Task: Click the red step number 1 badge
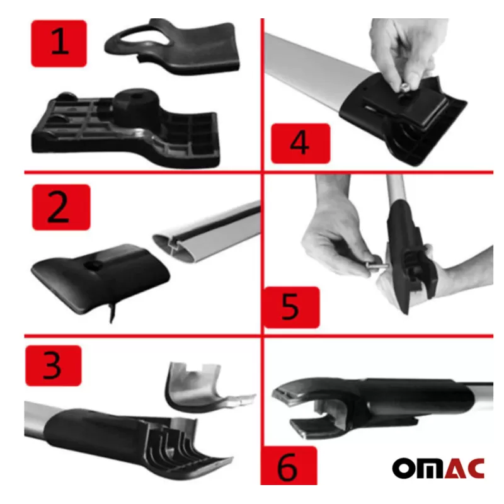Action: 59,43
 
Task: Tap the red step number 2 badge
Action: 61,207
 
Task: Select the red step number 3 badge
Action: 54,365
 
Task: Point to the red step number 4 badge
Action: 301,143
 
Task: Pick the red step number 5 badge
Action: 292,307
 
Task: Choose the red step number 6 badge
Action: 289,466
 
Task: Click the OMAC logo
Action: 438,468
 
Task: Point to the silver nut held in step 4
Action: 404,87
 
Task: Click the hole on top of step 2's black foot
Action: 94,265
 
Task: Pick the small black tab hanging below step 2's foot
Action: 112,311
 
